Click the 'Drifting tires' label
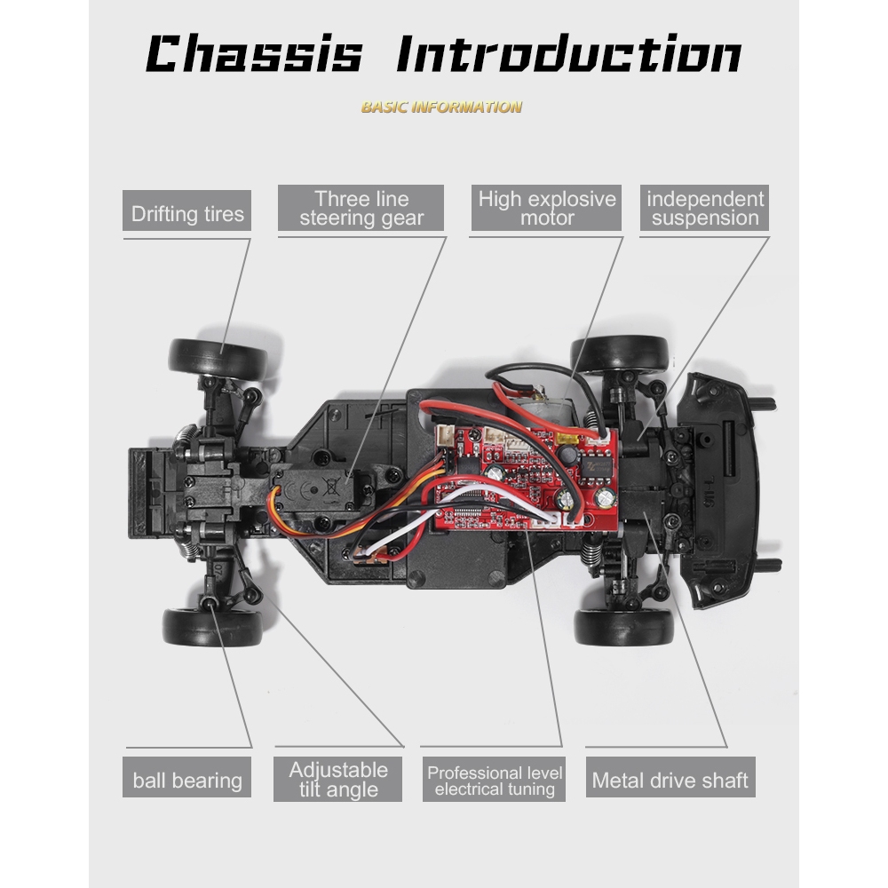[x=186, y=213]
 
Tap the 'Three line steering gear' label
[x=361, y=209]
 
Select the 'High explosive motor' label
[x=546, y=209]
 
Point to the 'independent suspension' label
[x=704, y=209]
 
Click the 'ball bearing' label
[x=186, y=781]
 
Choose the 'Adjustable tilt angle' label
[x=338, y=780]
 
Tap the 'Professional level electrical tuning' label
[x=494, y=780]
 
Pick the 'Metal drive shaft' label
[x=670, y=781]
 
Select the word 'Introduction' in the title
[x=568, y=55]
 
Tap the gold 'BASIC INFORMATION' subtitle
[x=441, y=107]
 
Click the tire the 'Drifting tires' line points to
[x=218, y=357]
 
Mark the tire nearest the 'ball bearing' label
[x=212, y=626]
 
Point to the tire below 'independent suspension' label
[x=620, y=353]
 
